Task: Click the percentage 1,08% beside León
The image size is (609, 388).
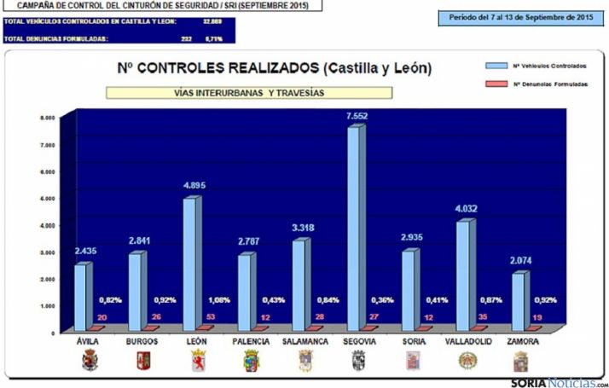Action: pyautogui.click(x=220, y=300)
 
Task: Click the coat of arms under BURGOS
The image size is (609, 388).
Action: pyautogui.click(x=143, y=361)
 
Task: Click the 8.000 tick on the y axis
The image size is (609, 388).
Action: pyautogui.click(x=49, y=118)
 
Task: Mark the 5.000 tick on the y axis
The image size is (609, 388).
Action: pyautogui.click(x=49, y=198)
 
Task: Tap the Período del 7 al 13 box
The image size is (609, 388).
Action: pyautogui.click(x=520, y=17)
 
